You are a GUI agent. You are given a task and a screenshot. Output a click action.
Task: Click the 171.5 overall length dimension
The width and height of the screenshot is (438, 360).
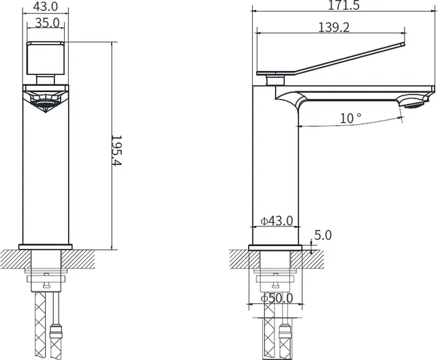tap(343, 5)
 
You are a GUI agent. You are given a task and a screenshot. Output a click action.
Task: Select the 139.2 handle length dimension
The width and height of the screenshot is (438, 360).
tap(334, 27)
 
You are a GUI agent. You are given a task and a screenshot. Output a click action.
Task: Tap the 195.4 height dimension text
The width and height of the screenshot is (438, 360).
tap(116, 151)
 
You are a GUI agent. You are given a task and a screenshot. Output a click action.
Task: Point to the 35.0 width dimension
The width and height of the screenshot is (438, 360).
tap(48, 22)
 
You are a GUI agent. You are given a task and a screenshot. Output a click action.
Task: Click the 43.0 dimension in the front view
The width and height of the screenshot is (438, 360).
tap(46, 6)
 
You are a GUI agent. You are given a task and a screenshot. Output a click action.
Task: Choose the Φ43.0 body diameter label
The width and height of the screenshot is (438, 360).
tap(277, 221)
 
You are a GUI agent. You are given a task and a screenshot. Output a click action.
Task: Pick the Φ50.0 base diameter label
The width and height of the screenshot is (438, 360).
tap(277, 298)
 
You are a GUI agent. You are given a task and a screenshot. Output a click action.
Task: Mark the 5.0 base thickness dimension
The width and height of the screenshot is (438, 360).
tap(323, 235)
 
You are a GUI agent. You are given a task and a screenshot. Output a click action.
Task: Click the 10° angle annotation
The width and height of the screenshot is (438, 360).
tap(350, 118)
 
